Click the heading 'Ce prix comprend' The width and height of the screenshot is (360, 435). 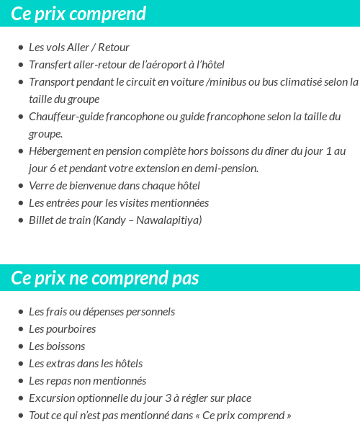click(78, 14)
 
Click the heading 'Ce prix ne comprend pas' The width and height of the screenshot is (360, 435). click(105, 279)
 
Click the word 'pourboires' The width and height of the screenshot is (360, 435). click(71, 329)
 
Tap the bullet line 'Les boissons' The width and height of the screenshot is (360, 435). click(56, 346)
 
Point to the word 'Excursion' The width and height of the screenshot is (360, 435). click(51, 398)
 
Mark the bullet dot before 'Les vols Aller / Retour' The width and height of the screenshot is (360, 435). click(20, 48)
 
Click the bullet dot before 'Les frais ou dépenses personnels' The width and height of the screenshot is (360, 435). click(20, 313)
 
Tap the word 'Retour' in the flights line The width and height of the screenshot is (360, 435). click(113, 48)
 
